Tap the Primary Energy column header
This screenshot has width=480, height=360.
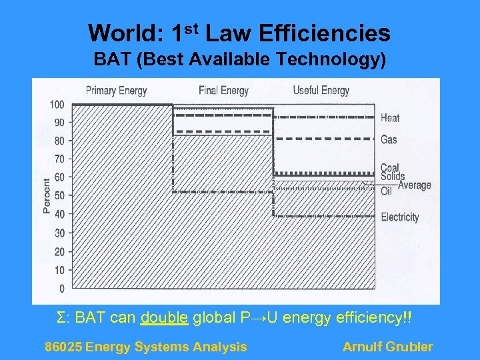tap(116, 91)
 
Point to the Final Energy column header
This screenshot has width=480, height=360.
tap(223, 91)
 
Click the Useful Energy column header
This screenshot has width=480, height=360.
tap(321, 91)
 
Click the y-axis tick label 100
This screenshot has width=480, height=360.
tap(57, 105)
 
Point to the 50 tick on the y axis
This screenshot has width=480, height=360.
tap(59, 196)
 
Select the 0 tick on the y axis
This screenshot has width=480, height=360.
tap(61, 289)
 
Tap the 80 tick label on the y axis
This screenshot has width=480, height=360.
tap(59, 141)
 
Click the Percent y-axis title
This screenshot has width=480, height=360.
tap(46, 195)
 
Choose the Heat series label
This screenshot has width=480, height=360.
tap(390, 118)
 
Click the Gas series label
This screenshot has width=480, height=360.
tap(389, 140)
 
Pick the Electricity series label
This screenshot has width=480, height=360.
tap(399, 217)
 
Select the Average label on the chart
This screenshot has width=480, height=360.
tap(414, 185)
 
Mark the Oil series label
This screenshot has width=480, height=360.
tap(386, 191)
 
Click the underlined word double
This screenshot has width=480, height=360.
tap(164, 317)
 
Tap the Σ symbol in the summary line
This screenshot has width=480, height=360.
tap(62, 317)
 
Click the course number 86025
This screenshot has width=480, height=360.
tap(63, 347)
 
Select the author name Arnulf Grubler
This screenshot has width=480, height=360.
tap(387, 347)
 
